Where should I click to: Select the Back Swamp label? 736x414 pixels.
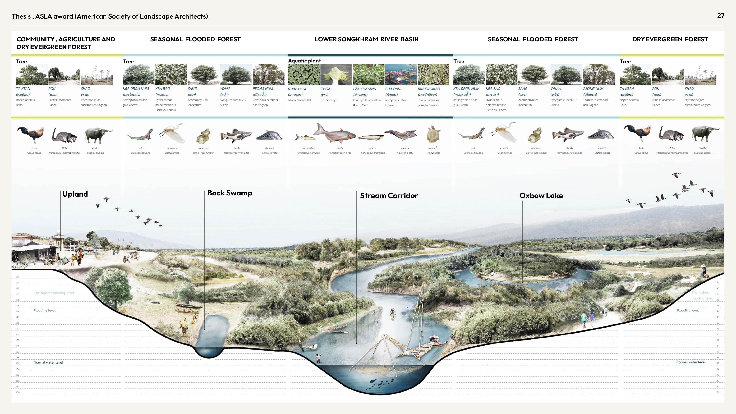point(229,193)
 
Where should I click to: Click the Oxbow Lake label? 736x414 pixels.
point(541,196)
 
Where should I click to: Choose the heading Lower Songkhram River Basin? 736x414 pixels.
point(367,39)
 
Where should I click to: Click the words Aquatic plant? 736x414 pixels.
point(304,61)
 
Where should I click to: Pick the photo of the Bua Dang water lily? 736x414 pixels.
point(401,74)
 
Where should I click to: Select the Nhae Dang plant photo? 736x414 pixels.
point(303,74)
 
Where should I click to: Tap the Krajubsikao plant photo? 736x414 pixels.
point(433,74)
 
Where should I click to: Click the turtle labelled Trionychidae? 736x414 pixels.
point(433,134)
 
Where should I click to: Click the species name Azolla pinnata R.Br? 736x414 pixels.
point(300,100)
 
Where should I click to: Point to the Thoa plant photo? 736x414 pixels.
point(336,74)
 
